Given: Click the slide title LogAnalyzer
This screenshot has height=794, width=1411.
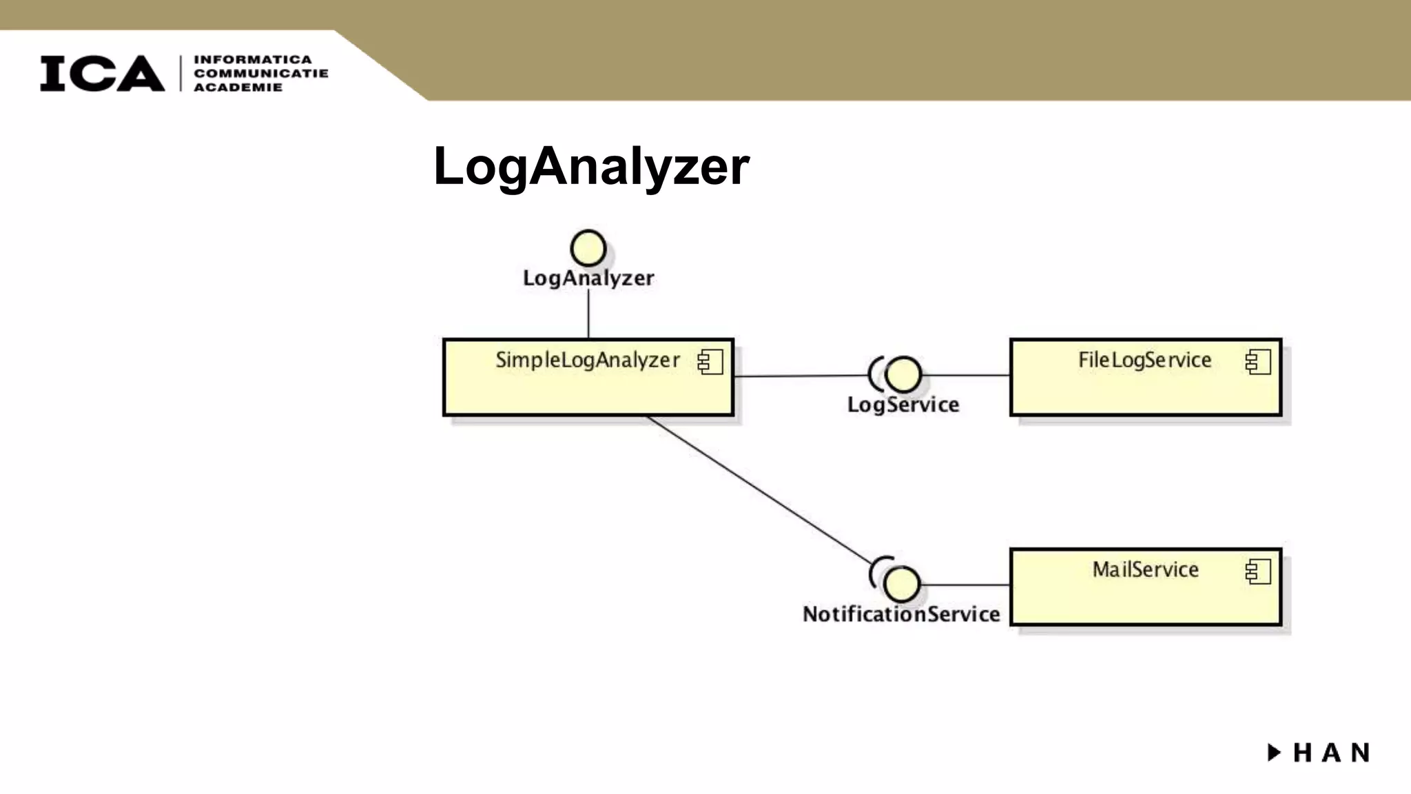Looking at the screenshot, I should pos(591,166).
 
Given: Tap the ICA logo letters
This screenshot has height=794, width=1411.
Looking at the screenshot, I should pos(102,73).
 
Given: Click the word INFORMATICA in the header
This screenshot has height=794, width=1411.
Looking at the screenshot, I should pos(252,60).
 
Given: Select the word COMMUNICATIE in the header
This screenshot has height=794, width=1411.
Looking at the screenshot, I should pos(260,73).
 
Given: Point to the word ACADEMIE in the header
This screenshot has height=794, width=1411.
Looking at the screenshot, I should pos(238,87).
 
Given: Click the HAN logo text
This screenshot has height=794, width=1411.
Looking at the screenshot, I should pos(1331,753).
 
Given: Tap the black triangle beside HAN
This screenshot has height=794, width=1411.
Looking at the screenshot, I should pos(1274,752).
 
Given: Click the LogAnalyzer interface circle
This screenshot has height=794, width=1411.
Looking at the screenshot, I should pos(588,248).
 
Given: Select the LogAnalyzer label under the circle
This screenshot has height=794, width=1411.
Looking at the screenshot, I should pos(588,278).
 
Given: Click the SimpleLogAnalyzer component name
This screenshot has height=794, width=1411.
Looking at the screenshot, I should pos(587,360).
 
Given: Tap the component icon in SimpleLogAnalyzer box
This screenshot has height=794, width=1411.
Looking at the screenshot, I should pos(710,362).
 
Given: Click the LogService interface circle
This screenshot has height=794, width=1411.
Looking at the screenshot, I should pos(903,375).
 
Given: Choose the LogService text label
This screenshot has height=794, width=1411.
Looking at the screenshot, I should pos(903,405).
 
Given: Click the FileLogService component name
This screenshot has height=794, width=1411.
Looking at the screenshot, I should pos(1144,360).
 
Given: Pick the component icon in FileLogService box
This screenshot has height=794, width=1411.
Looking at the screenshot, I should pos(1257,362).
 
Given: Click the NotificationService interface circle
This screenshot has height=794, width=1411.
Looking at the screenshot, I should pos(901,584).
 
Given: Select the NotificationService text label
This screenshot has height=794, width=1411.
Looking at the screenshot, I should pos(901,614).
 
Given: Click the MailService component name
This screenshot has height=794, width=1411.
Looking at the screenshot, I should pos(1145,569).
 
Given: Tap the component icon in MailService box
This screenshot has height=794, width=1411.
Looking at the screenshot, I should pos(1257,571).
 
